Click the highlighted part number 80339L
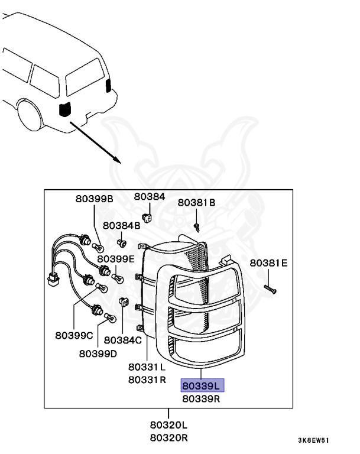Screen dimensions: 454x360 201,386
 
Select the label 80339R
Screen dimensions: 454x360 201,398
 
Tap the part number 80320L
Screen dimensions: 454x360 168,425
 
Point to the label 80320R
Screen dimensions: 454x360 168,437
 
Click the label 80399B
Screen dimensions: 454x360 93,199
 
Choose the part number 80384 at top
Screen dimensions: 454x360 149,196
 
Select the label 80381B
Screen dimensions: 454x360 196,202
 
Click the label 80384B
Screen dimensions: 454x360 121,225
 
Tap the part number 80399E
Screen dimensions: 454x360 116,258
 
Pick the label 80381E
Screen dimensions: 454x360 268,262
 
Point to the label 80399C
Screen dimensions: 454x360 74,336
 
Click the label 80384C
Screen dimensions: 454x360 122,340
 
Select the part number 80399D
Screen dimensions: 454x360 98,354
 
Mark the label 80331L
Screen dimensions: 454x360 147,366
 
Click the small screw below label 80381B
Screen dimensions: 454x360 197,225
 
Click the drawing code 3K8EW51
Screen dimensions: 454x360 313,440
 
